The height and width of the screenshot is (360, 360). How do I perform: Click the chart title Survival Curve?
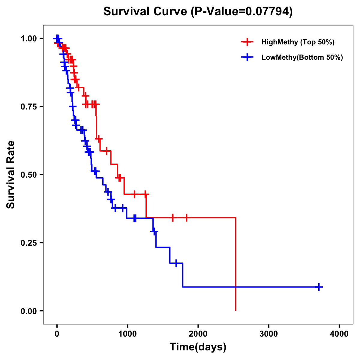click(198, 11)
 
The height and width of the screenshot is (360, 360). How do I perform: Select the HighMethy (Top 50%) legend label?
click(298, 42)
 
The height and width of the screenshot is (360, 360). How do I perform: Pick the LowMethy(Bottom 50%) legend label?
click(302, 57)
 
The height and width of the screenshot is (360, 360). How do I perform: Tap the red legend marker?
click(247, 42)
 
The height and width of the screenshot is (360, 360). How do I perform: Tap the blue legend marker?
click(247, 57)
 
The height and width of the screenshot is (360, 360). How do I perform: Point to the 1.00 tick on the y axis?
click(29, 39)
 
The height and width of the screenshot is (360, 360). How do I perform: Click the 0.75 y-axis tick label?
click(29, 107)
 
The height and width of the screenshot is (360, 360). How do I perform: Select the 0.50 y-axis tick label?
click(29, 175)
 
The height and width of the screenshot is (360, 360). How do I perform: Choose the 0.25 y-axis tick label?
click(29, 243)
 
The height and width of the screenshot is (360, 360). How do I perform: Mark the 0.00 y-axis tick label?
click(29, 311)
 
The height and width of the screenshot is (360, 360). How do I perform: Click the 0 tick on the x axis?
click(57, 334)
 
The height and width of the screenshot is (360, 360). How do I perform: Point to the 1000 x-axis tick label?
click(127, 334)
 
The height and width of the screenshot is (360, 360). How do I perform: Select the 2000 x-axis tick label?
click(198, 334)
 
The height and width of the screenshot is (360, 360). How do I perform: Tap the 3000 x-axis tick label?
click(268, 334)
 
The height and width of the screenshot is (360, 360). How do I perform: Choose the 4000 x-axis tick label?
click(339, 334)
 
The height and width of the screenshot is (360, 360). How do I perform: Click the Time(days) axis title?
click(198, 347)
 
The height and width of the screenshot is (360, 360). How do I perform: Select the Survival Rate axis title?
click(11, 175)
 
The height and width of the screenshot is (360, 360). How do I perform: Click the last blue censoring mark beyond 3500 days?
click(319, 287)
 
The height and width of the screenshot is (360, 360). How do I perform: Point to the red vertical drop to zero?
click(235, 264)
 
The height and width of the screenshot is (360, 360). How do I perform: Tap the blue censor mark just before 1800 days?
click(176, 263)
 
